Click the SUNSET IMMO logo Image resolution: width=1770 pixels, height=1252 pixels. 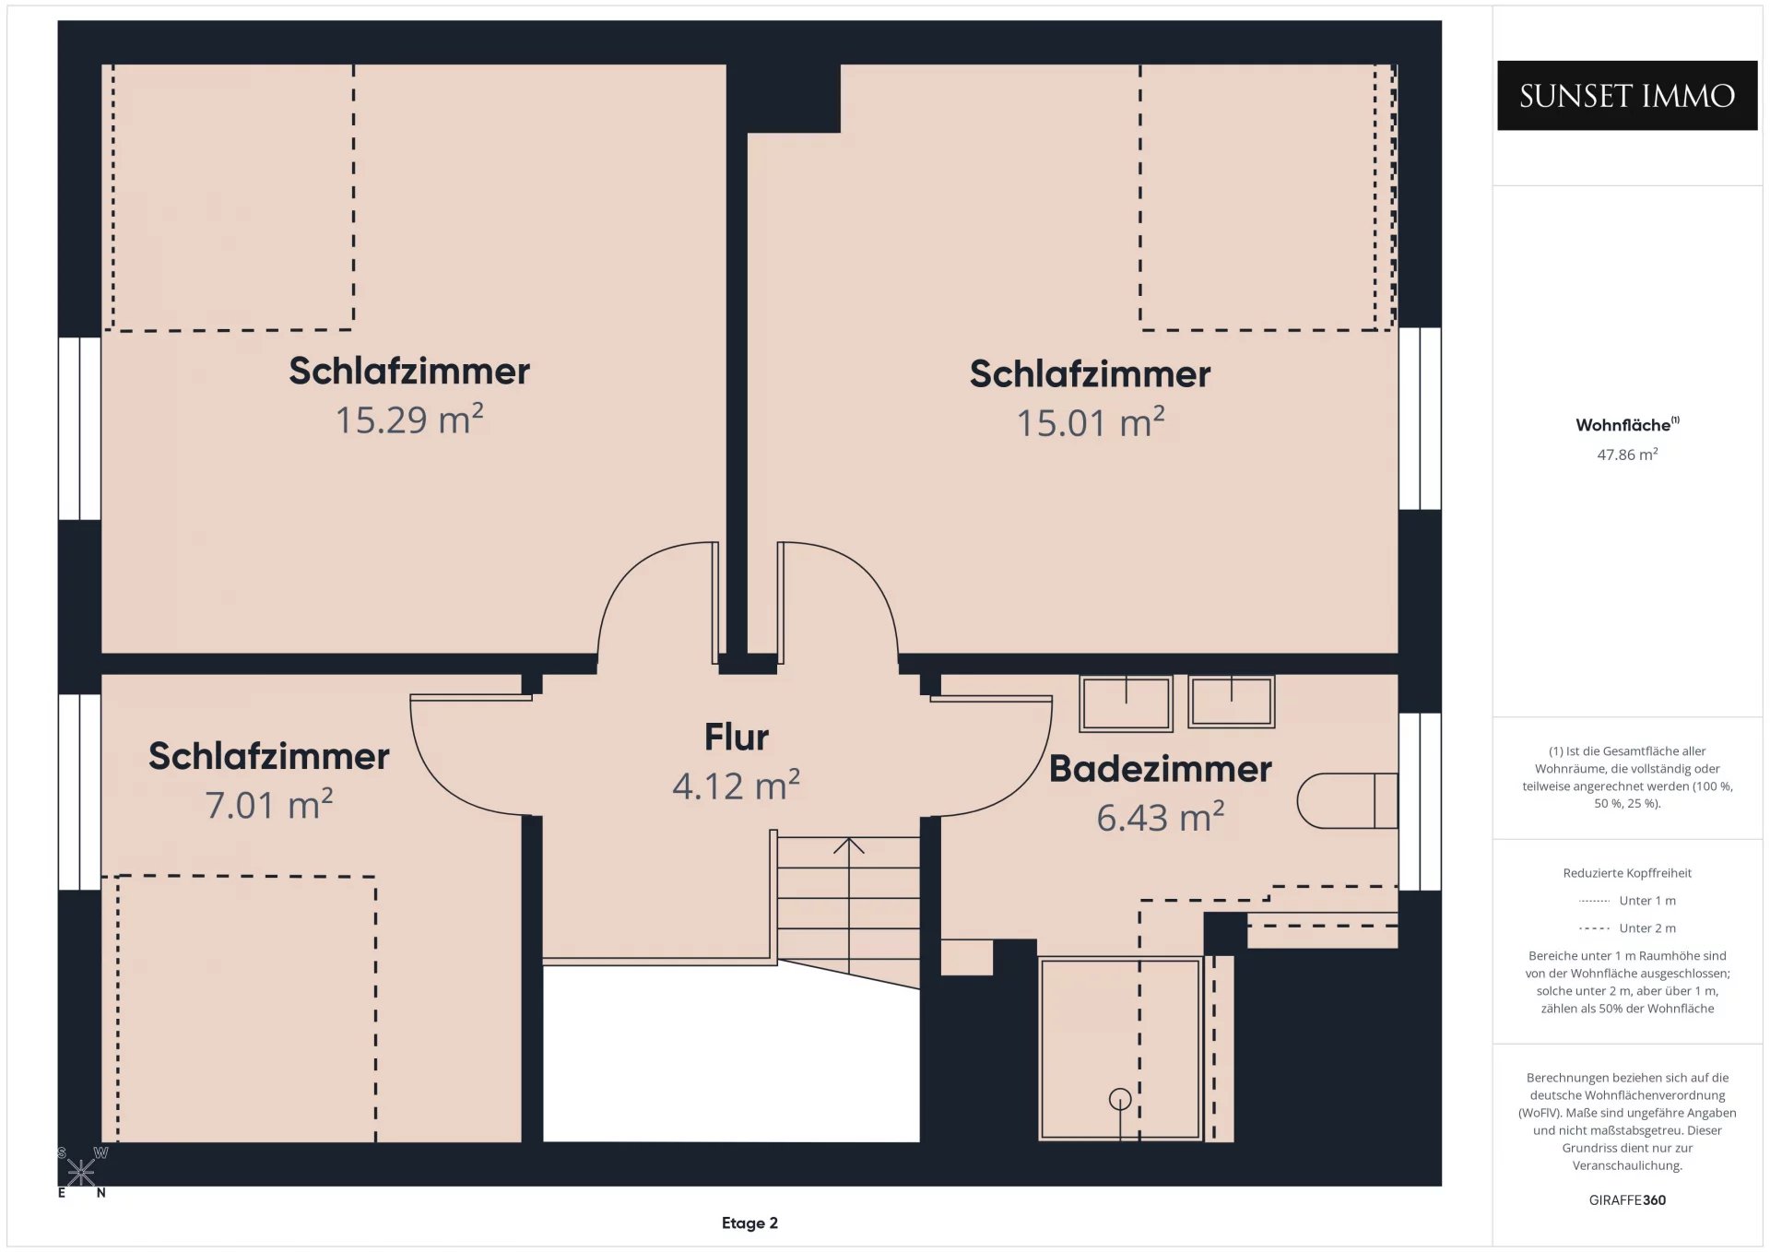[1627, 96]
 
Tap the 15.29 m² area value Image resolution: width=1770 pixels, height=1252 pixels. [409, 419]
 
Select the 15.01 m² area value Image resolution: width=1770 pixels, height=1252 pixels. [1091, 422]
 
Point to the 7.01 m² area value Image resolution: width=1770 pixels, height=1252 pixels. [269, 804]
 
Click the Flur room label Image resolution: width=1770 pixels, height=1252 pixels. [737, 737]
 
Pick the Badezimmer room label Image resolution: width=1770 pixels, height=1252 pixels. [1161, 768]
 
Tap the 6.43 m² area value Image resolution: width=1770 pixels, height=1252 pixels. [1161, 817]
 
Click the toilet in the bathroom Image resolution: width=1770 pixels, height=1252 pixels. [1348, 800]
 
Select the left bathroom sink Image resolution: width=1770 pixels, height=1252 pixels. [1126, 703]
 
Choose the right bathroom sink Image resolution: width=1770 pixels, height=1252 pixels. [1232, 702]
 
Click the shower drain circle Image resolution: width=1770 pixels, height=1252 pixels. [1120, 1099]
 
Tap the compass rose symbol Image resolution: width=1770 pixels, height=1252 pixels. [81, 1172]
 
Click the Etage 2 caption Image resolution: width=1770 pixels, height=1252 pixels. [749, 1222]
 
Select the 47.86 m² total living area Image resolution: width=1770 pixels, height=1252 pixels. [1627, 454]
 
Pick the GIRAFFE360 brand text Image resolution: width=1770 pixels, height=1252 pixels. [1627, 1199]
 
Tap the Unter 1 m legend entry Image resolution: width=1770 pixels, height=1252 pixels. [1627, 901]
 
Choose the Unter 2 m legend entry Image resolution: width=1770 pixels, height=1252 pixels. [1627, 928]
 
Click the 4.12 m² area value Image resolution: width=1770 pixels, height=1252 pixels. [737, 785]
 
